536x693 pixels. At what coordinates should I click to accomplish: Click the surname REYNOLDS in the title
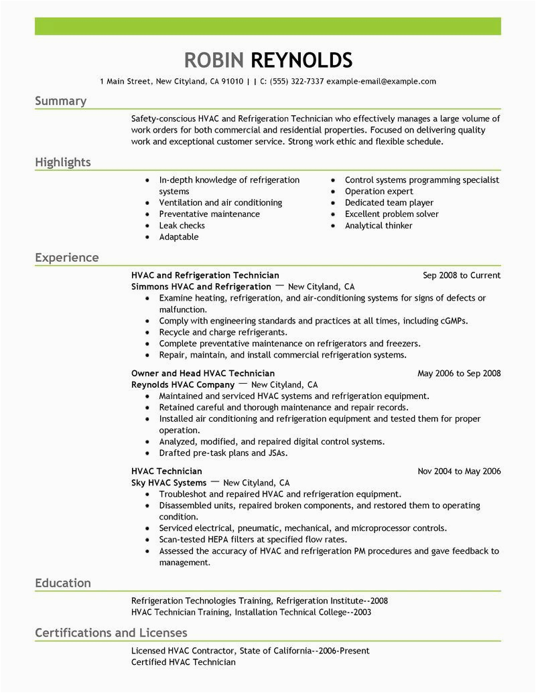coord(301,60)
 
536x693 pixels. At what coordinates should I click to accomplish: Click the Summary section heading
coord(61,101)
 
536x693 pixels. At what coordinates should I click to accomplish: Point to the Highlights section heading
coord(63,163)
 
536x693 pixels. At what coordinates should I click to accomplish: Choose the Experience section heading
coord(67,258)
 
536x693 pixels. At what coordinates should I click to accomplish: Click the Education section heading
coord(63,583)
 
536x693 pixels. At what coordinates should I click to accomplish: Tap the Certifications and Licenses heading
coord(111,633)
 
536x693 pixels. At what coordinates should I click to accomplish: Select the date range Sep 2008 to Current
coord(462,275)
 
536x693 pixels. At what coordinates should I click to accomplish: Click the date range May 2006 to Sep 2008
coord(459,374)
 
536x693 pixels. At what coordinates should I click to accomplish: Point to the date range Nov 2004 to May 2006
coord(459,471)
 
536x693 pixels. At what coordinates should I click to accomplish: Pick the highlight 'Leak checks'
coord(182,226)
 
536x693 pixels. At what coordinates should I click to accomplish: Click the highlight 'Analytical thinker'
coord(379,226)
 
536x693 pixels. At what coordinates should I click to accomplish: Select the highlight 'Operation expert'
coord(378,191)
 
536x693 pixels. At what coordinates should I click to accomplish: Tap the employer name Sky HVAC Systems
coord(169,483)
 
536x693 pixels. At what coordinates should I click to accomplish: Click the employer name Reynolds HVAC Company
coord(183,385)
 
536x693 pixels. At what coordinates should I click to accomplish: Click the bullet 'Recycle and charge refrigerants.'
coord(223,332)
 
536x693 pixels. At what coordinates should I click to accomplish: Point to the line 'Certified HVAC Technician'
coord(184,662)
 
